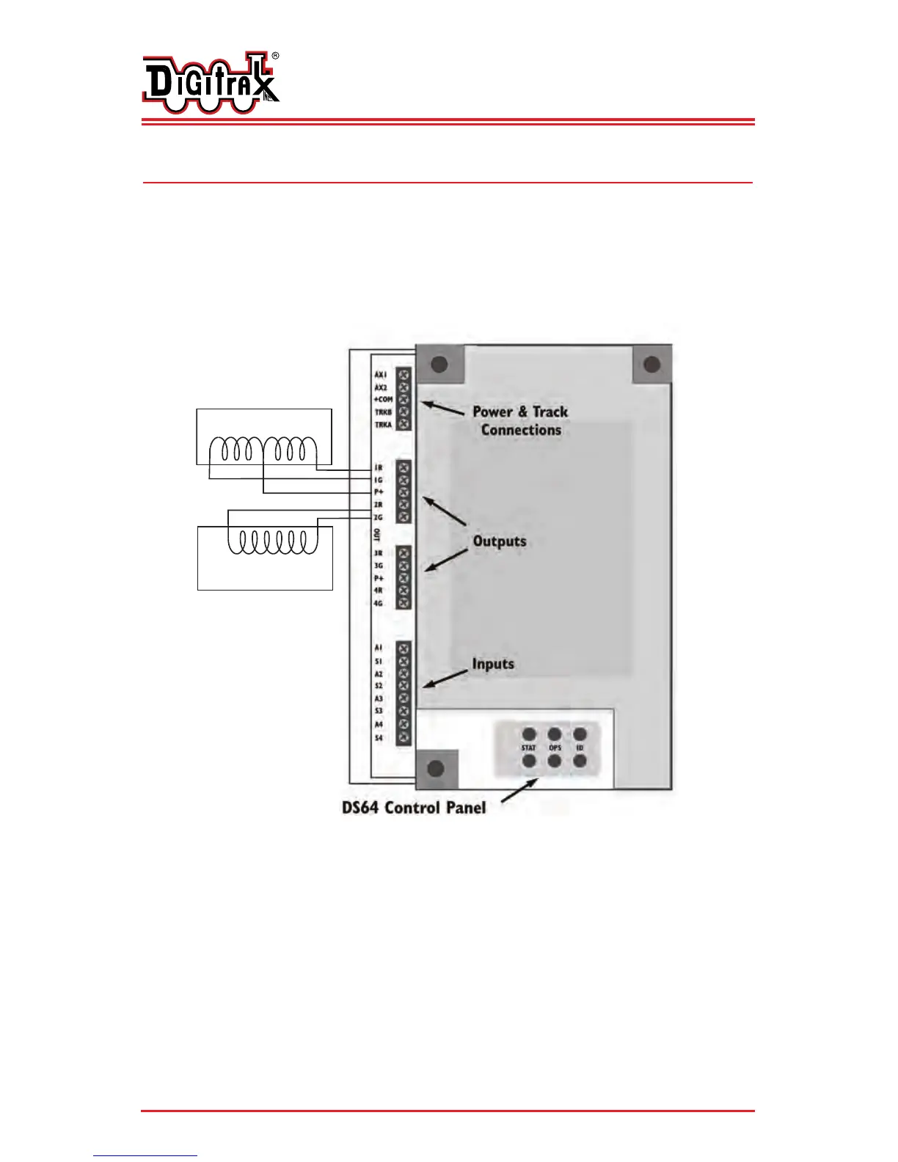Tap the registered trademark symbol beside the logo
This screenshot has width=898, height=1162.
[x=275, y=56]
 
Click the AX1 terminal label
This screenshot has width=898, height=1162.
[x=380, y=375]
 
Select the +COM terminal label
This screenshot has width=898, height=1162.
[x=383, y=400]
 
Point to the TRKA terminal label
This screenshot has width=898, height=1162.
[x=383, y=425]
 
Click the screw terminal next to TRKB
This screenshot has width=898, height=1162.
[x=403, y=412]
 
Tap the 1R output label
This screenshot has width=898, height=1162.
[x=379, y=467]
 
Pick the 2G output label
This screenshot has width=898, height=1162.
[x=379, y=518]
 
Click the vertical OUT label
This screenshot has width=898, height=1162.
[x=377, y=535]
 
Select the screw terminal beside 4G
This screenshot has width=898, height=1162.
[x=403, y=603]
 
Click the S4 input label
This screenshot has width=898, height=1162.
[x=379, y=737]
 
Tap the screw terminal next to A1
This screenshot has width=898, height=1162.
[x=403, y=648]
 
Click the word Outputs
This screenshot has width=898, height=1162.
[x=500, y=541]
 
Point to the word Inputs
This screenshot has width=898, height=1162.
[x=493, y=664]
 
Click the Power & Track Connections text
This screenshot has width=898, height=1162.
[x=520, y=421]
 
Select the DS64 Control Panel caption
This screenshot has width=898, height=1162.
[x=414, y=808]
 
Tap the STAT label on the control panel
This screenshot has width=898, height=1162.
[x=529, y=748]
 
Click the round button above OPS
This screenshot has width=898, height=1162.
[x=555, y=734]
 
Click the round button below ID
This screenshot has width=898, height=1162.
[x=580, y=761]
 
